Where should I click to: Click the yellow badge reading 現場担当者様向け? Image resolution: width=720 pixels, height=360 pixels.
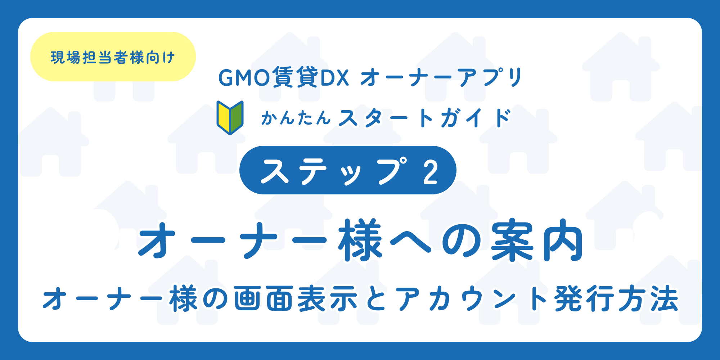(x=113, y=57)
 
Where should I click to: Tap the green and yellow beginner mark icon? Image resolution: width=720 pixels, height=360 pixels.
(x=230, y=118)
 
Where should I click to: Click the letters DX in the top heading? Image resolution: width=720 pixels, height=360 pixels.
(x=334, y=78)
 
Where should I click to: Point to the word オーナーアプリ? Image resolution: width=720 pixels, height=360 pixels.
(x=441, y=78)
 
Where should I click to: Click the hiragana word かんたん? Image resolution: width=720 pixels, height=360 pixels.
(x=296, y=118)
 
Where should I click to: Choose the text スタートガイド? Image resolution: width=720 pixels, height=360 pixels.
(x=425, y=118)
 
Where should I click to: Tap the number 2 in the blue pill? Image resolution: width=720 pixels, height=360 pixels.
(x=431, y=171)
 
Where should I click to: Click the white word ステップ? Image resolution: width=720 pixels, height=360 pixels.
(x=335, y=171)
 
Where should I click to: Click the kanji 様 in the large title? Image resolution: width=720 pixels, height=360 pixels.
(x=360, y=240)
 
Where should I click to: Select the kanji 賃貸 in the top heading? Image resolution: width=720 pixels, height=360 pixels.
(x=295, y=77)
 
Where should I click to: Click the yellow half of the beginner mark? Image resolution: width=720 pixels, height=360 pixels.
(x=224, y=117)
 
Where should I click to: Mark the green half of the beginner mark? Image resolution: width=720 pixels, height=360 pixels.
(x=237, y=117)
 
